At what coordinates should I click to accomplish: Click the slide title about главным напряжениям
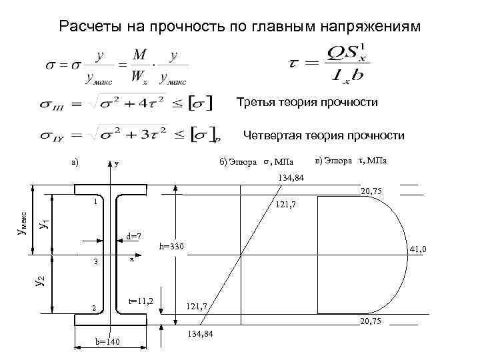(x=240, y=27)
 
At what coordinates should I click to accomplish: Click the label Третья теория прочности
(x=307, y=103)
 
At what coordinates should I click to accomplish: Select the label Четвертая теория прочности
(x=323, y=136)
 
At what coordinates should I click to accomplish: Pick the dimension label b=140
(x=106, y=342)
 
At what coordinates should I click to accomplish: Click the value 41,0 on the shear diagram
(x=418, y=249)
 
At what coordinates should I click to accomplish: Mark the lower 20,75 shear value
(x=372, y=321)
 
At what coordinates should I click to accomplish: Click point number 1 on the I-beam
(x=95, y=201)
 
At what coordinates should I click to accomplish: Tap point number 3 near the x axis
(x=95, y=262)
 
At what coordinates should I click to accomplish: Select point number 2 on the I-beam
(x=95, y=307)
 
